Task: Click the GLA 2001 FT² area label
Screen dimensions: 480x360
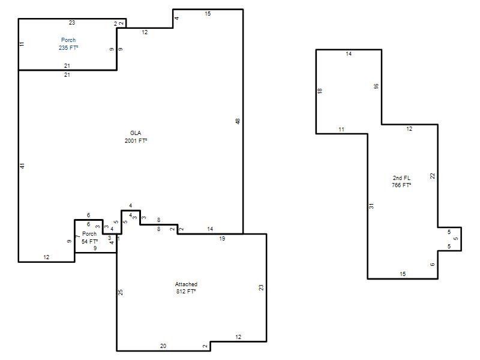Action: click(x=136, y=137)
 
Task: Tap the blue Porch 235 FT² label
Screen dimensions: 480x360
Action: click(x=68, y=44)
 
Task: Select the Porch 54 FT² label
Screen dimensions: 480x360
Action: click(x=89, y=238)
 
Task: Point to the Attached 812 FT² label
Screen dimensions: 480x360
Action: click(x=186, y=288)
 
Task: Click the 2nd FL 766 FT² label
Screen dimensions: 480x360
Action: click(x=401, y=182)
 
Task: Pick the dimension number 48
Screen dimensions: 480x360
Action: click(x=238, y=121)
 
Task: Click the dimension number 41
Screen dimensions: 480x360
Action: click(x=22, y=166)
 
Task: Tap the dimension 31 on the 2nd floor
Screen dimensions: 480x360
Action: click(x=371, y=206)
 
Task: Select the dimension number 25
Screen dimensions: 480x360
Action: click(x=121, y=292)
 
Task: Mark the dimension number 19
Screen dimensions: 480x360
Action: click(x=222, y=238)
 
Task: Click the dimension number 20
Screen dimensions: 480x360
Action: click(x=163, y=346)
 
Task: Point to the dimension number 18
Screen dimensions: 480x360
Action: click(x=320, y=91)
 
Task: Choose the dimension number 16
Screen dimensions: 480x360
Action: click(x=376, y=86)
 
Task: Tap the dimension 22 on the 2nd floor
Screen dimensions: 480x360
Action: click(x=432, y=176)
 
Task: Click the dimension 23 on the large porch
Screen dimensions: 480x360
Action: click(x=72, y=23)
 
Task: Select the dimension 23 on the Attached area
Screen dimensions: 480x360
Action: click(x=261, y=287)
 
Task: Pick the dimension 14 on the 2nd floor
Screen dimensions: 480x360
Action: click(x=349, y=54)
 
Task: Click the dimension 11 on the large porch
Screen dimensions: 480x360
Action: click(x=22, y=44)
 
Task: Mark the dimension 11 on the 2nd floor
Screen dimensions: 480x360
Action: click(x=341, y=130)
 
